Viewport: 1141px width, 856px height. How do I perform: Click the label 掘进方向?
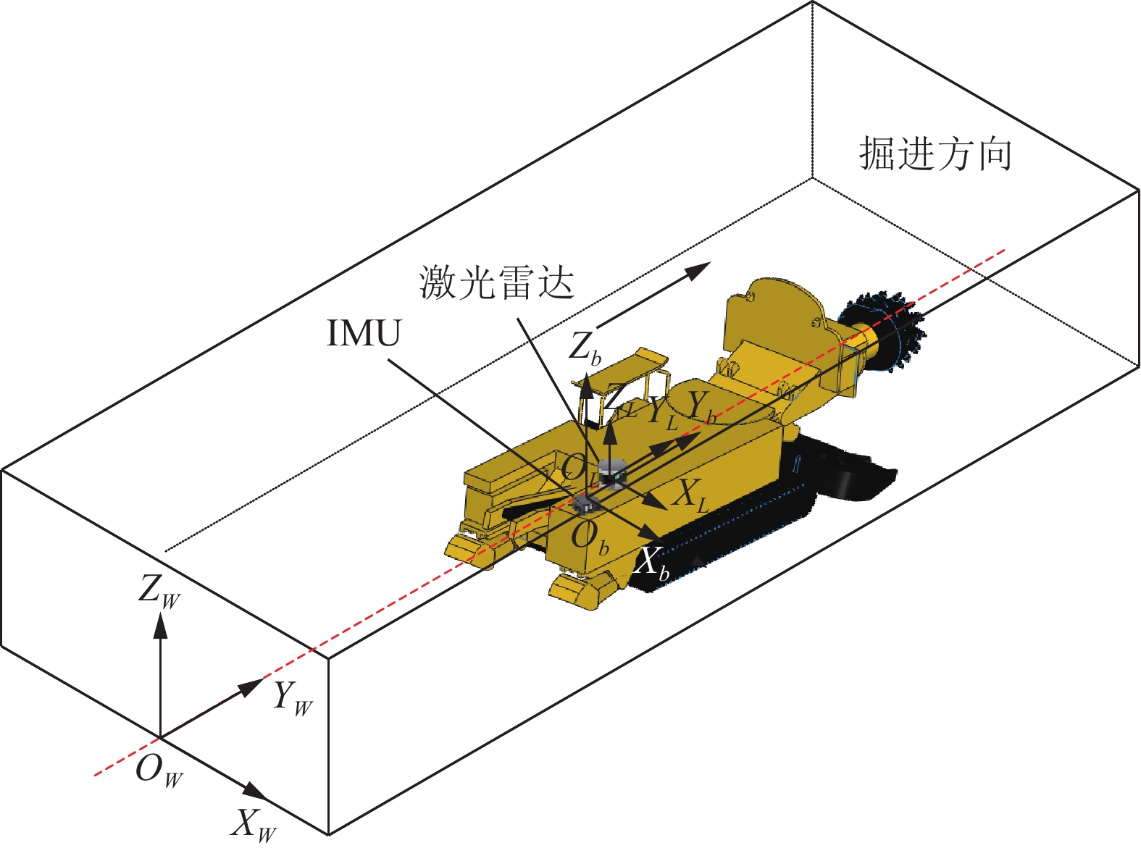click(x=935, y=154)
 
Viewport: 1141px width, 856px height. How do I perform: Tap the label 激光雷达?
click(x=497, y=282)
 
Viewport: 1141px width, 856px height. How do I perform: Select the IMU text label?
click(x=363, y=334)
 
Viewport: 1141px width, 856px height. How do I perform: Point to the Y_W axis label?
click(x=293, y=698)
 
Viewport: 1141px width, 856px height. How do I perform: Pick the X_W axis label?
click(x=253, y=824)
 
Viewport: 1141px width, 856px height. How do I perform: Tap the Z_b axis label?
click(x=584, y=347)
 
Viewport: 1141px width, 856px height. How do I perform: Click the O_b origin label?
click(x=590, y=538)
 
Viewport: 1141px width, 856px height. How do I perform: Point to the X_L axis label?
click(x=690, y=496)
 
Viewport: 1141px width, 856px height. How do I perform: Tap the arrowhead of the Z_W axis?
click(x=160, y=624)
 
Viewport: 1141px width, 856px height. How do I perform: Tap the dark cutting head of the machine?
click(x=886, y=329)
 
